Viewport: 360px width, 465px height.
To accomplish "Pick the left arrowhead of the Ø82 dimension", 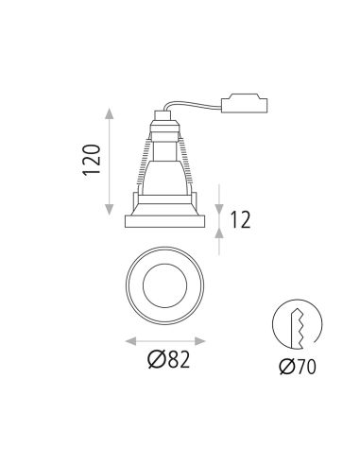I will pyautogui.click(x=128, y=339).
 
